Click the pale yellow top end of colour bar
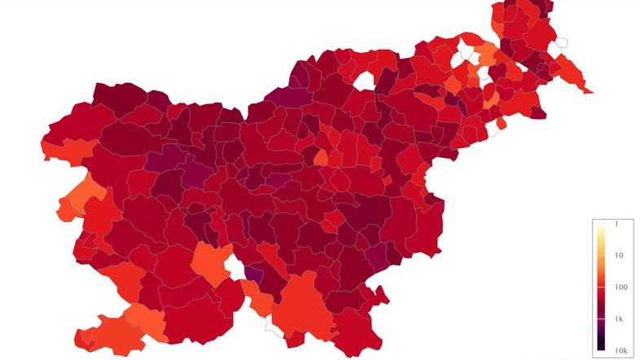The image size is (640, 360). click(601, 226)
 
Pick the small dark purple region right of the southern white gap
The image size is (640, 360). click(253, 274)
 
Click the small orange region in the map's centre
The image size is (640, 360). click(321, 156)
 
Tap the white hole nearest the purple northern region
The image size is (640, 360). click(363, 80)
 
